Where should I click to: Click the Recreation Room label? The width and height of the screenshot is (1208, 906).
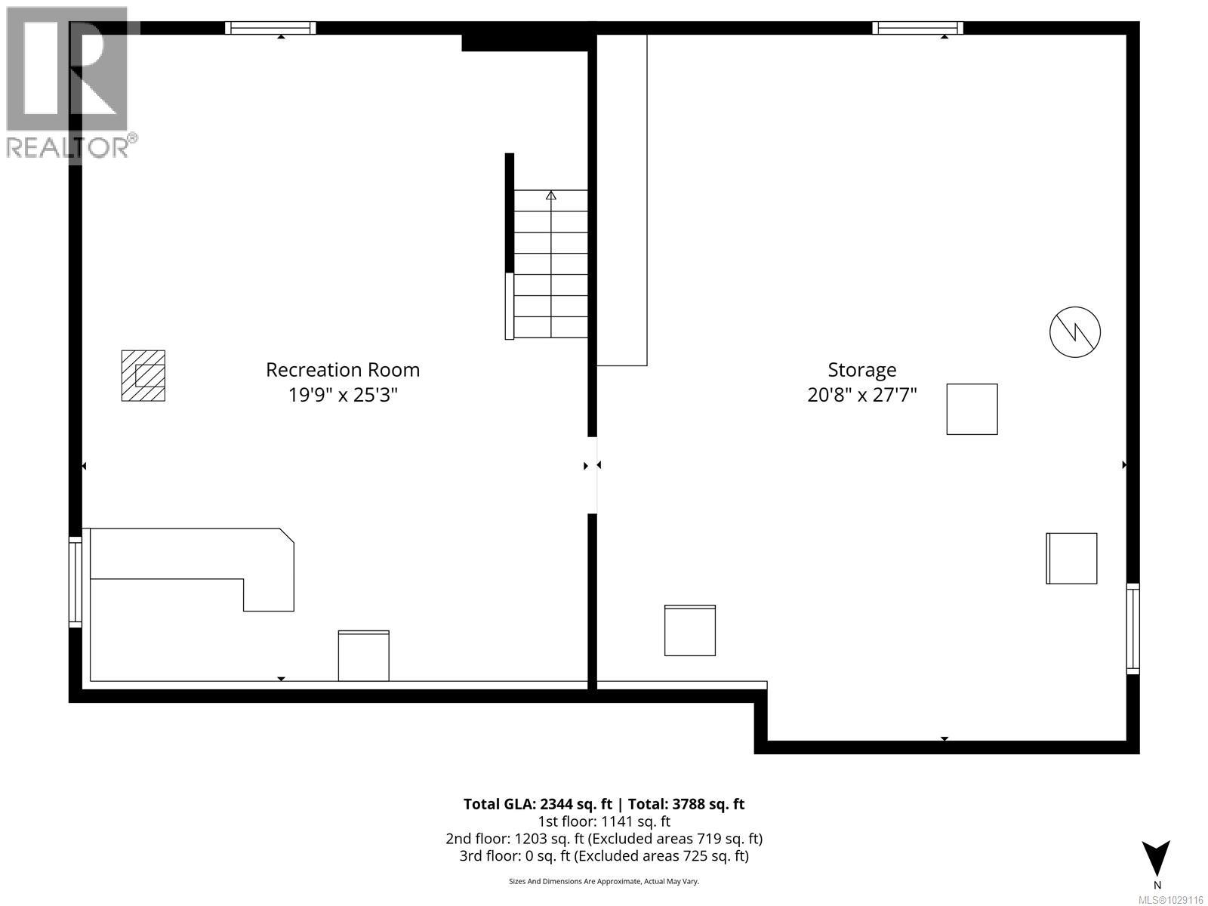pos(343,370)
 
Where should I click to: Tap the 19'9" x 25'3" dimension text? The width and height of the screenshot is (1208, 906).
pos(343,395)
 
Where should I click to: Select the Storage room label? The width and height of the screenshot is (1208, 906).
pos(861,370)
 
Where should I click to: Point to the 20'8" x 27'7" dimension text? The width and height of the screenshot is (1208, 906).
pos(861,395)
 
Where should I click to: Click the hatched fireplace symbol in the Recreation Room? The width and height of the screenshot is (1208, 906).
pos(143,375)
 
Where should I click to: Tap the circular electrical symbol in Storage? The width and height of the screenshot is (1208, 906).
pos(1075,331)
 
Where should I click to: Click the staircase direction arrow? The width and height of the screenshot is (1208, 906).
pos(551,196)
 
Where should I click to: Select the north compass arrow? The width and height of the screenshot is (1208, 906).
pos(1156,858)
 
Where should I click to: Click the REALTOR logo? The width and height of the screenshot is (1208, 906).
pos(69,83)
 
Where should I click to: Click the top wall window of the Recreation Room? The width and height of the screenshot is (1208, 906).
pos(270,28)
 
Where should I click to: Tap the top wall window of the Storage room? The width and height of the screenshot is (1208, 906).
pos(917,28)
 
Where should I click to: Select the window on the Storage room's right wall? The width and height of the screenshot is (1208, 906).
pos(1132,628)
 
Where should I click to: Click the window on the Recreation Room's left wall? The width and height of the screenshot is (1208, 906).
pos(75,581)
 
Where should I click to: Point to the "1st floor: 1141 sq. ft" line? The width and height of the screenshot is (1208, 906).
pos(603,821)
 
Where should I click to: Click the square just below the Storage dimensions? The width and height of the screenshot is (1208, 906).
pos(972,409)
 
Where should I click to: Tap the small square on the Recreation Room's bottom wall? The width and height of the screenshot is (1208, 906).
pos(363,655)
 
